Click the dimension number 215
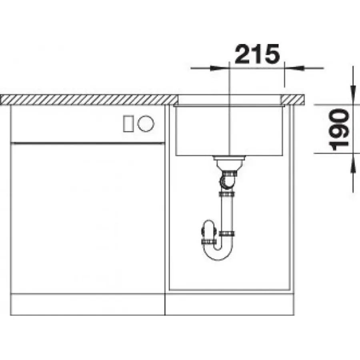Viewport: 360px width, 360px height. click(257, 54)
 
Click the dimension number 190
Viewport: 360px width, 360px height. click(339, 130)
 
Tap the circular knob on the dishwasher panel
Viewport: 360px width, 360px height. click(146, 124)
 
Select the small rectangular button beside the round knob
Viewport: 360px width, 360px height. click(128, 124)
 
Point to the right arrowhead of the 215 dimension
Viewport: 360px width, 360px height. click(294, 68)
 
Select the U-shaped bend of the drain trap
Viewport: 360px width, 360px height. click(218, 252)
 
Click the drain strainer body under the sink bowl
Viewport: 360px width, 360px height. click(229, 162)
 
